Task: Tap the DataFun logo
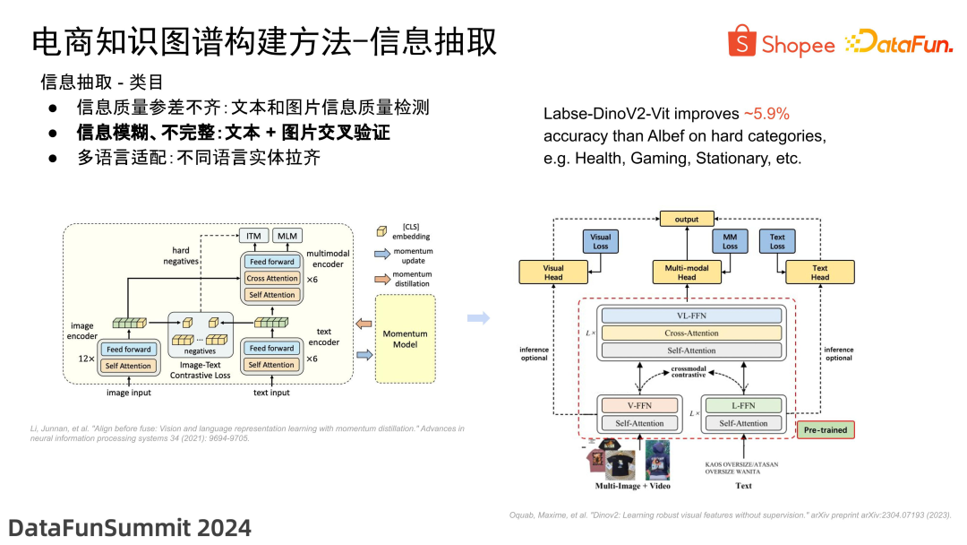(899, 42)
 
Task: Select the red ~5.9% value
(766, 114)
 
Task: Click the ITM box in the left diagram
(253, 236)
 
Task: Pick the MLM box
(287, 236)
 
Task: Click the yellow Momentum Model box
(405, 339)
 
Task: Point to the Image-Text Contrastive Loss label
(201, 370)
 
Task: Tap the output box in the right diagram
(686, 219)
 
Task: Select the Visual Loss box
(600, 242)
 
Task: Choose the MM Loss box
(730, 242)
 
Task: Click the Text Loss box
(777, 242)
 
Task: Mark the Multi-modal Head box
(686, 272)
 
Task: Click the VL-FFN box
(690, 316)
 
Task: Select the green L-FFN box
(744, 406)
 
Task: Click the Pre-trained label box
(825, 429)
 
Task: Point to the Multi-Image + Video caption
(633, 487)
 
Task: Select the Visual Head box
(553, 272)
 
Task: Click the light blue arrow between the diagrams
(479, 318)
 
